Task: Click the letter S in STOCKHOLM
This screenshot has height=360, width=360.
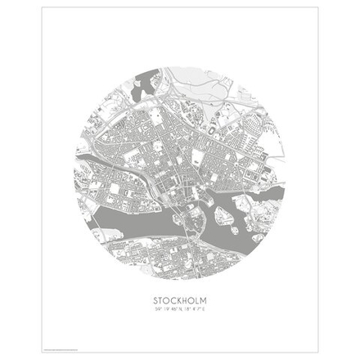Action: [x=155, y=300]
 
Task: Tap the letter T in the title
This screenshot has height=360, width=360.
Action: [x=160, y=300]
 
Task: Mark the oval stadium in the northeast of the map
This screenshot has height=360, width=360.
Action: [x=214, y=128]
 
